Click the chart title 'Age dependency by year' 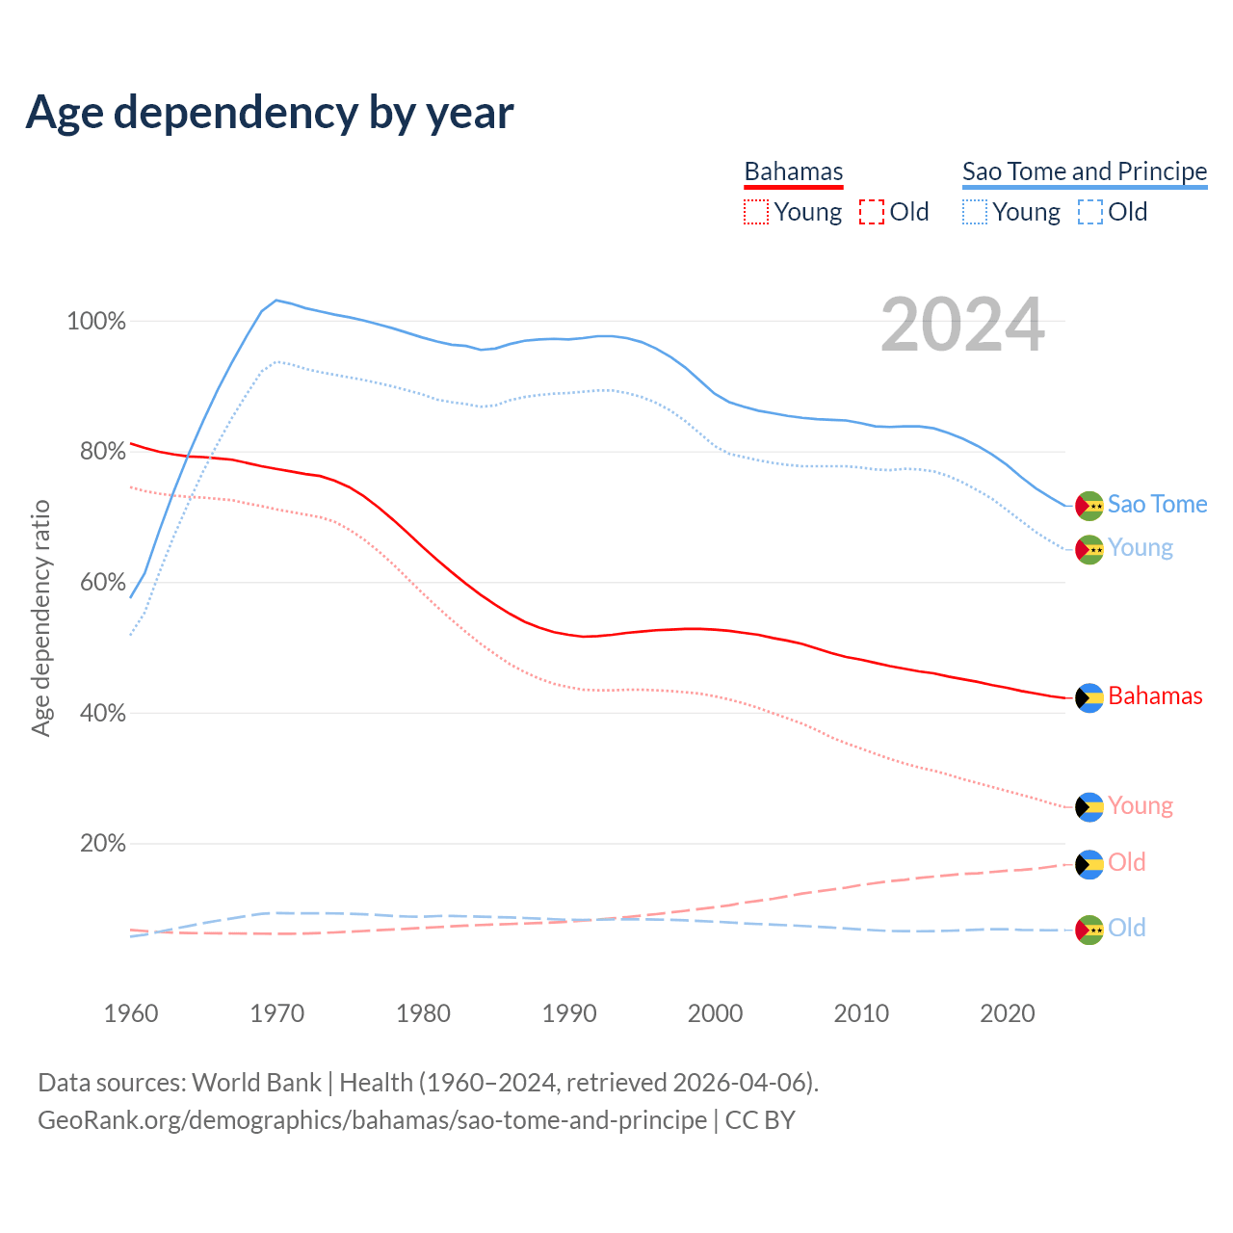tap(270, 113)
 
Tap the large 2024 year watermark tap(962, 326)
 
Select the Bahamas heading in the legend tap(794, 171)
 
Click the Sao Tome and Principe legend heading tap(1085, 171)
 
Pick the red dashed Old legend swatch tap(872, 212)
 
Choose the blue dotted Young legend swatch tap(975, 212)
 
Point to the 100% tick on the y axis tap(96, 322)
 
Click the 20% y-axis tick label tap(102, 844)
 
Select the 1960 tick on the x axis tap(131, 1013)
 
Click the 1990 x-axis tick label tap(569, 1013)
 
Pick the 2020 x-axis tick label tap(1008, 1013)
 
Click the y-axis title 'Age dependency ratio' tap(40, 617)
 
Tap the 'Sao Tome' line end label tap(1157, 505)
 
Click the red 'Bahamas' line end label tap(1155, 696)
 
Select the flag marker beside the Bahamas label tap(1089, 697)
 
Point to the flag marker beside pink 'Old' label tap(1089, 864)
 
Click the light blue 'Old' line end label tap(1127, 929)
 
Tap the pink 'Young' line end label tap(1141, 806)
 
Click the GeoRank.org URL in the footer tap(372, 1120)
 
